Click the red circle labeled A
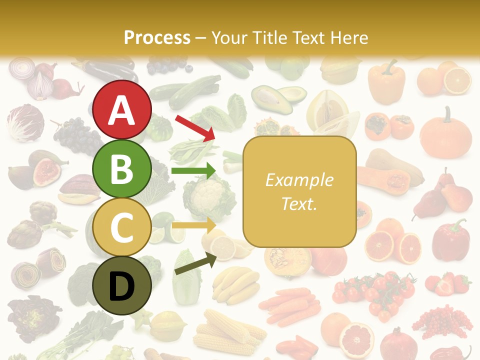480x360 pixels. pos(121,109)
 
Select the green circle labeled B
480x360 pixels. pos(121,168)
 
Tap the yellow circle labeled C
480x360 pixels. pos(121,227)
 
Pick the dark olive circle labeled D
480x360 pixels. pos(121,285)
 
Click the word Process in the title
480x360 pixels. pos(157,37)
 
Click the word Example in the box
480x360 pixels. pos(299,180)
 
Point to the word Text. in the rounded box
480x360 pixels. pos(299,203)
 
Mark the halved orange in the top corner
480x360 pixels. pos(457,80)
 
